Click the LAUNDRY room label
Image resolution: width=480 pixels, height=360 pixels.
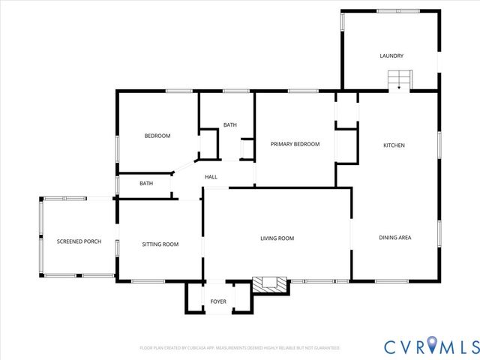click(391, 55)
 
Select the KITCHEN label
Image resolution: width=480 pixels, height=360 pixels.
click(394, 145)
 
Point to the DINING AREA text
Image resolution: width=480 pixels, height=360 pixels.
click(394, 238)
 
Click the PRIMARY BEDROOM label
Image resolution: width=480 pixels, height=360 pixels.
click(295, 144)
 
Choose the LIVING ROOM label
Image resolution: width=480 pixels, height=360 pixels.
click(277, 238)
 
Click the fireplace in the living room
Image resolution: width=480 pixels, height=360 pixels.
click(269, 283)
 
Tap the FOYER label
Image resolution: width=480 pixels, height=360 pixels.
click(218, 301)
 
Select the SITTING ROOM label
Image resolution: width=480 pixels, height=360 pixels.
click(160, 244)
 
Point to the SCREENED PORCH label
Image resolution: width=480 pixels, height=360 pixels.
click(79, 241)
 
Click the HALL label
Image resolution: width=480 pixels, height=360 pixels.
click(211, 177)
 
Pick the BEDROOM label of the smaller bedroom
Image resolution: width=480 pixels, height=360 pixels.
click(157, 136)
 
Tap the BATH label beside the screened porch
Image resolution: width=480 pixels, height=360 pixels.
click(145, 183)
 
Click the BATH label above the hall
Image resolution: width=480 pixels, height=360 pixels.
click(229, 125)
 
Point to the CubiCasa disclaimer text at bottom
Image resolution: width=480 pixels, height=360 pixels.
click(240, 348)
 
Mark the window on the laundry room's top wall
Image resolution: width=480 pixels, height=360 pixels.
click(388, 10)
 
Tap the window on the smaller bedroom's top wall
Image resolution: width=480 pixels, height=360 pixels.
click(178, 91)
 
